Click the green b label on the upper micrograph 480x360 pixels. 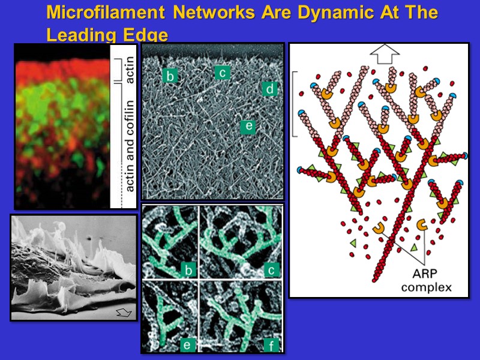pyautogui.click(x=170, y=76)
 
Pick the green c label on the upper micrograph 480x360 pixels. pyautogui.click(x=221, y=73)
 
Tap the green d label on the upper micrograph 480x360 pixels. pyautogui.click(x=270, y=89)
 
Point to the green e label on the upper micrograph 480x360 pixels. pyautogui.click(x=247, y=126)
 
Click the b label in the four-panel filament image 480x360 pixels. pyautogui.click(x=189, y=270)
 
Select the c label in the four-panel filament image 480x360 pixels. pyautogui.click(x=271, y=270)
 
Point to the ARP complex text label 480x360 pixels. pyautogui.click(x=427, y=281)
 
